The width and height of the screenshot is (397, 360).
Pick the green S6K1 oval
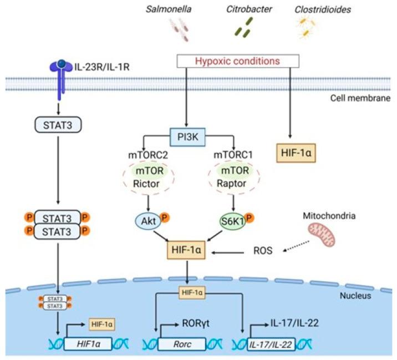(x=228, y=220)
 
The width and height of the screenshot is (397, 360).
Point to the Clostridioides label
(x=318, y=9)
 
